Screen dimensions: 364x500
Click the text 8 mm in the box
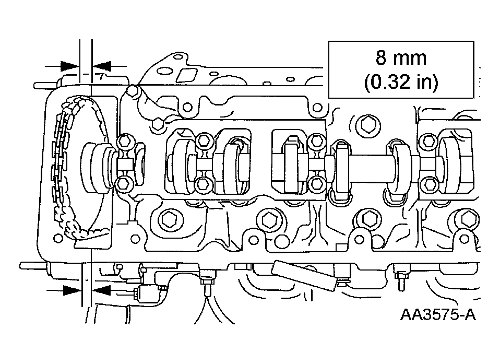(401, 57)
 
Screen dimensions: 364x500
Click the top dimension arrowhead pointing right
(68, 66)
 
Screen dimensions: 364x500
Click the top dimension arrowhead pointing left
(102, 66)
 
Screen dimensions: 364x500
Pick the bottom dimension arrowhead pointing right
(72, 290)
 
